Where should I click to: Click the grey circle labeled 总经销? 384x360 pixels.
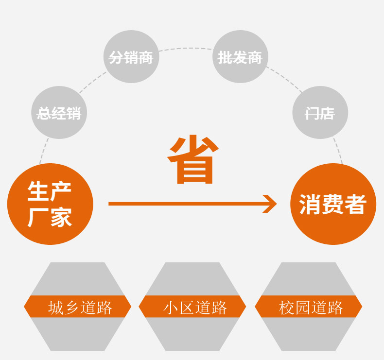59,113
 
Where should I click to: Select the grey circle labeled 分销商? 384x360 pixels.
131,57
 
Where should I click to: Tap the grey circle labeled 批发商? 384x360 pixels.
240,57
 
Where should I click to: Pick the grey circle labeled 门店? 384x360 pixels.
320,113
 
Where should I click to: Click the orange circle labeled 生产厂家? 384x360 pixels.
50,204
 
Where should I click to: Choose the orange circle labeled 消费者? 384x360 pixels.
333,204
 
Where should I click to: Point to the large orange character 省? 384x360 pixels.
192,160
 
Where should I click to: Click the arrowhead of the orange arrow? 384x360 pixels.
270,204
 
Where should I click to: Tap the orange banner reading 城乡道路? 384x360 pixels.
78,307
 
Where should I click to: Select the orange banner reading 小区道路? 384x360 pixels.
192,307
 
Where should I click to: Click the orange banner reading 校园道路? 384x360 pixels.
308,307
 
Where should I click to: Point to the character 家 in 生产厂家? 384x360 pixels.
61,217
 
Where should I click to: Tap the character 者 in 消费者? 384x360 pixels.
356,204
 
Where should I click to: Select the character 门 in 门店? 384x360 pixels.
311,113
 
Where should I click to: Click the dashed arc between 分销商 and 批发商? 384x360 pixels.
186,48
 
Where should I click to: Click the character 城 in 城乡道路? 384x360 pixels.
55,307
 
